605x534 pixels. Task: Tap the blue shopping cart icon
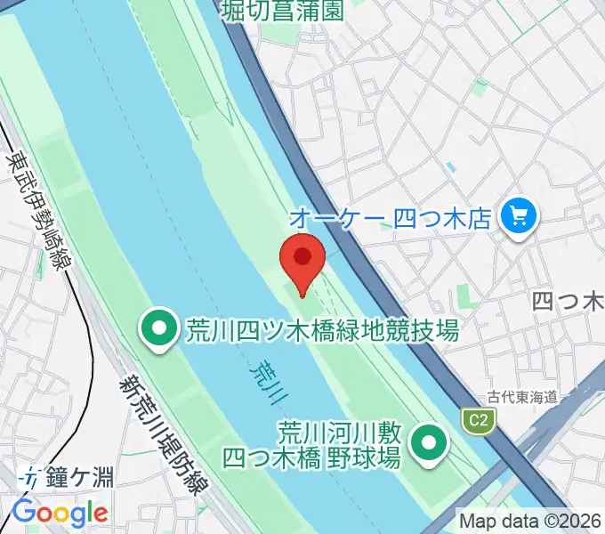[516, 215]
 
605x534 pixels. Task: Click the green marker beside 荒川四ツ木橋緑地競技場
[160, 331]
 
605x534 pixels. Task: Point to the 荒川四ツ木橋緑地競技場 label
[322, 332]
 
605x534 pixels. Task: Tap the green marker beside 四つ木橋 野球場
[430, 442]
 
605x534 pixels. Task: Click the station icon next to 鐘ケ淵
[31, 478]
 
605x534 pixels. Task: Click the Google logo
[60, 513]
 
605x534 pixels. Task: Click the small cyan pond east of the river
[451, 166]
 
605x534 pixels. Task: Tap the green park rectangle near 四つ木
[464, 296]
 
